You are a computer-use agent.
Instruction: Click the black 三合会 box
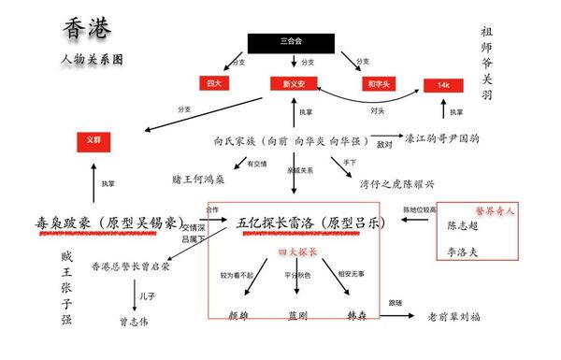point(291,42)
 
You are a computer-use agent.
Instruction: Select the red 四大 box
point(214,84)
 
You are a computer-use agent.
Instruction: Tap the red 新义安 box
point(295,84)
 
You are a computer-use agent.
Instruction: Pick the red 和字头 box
point(377,84)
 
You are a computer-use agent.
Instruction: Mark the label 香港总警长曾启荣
point(131,266)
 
